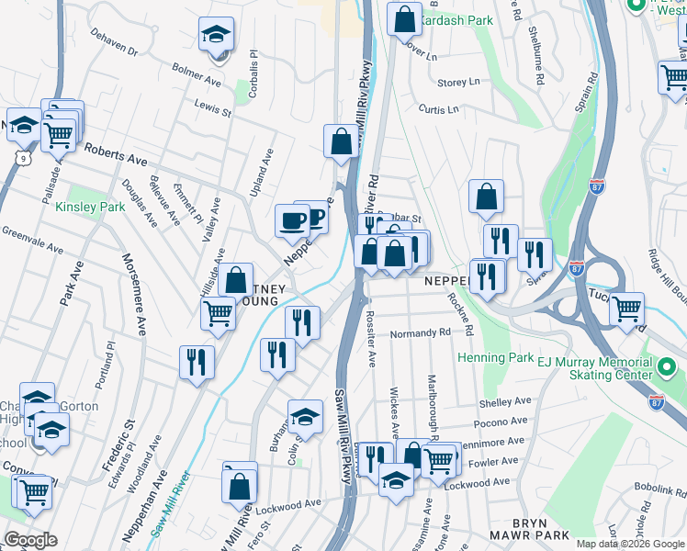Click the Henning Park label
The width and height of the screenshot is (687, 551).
coord(496,356)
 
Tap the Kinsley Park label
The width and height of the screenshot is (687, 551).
coord(90,208)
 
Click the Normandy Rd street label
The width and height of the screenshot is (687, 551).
coord(420,333)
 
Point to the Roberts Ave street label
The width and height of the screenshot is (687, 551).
coord(115,152)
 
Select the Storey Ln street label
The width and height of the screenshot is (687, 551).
coord(459,82)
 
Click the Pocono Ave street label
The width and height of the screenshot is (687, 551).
coord(501,422)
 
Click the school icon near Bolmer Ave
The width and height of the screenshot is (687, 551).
coord(217,36)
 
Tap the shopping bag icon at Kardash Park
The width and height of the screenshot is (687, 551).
coord(404,17)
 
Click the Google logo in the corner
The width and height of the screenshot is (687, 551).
coord(31,539)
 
